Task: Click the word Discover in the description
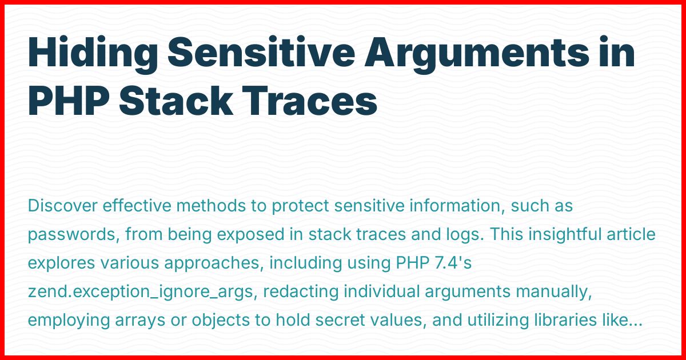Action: coord(62,206)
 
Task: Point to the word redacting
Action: coord(302,292)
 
